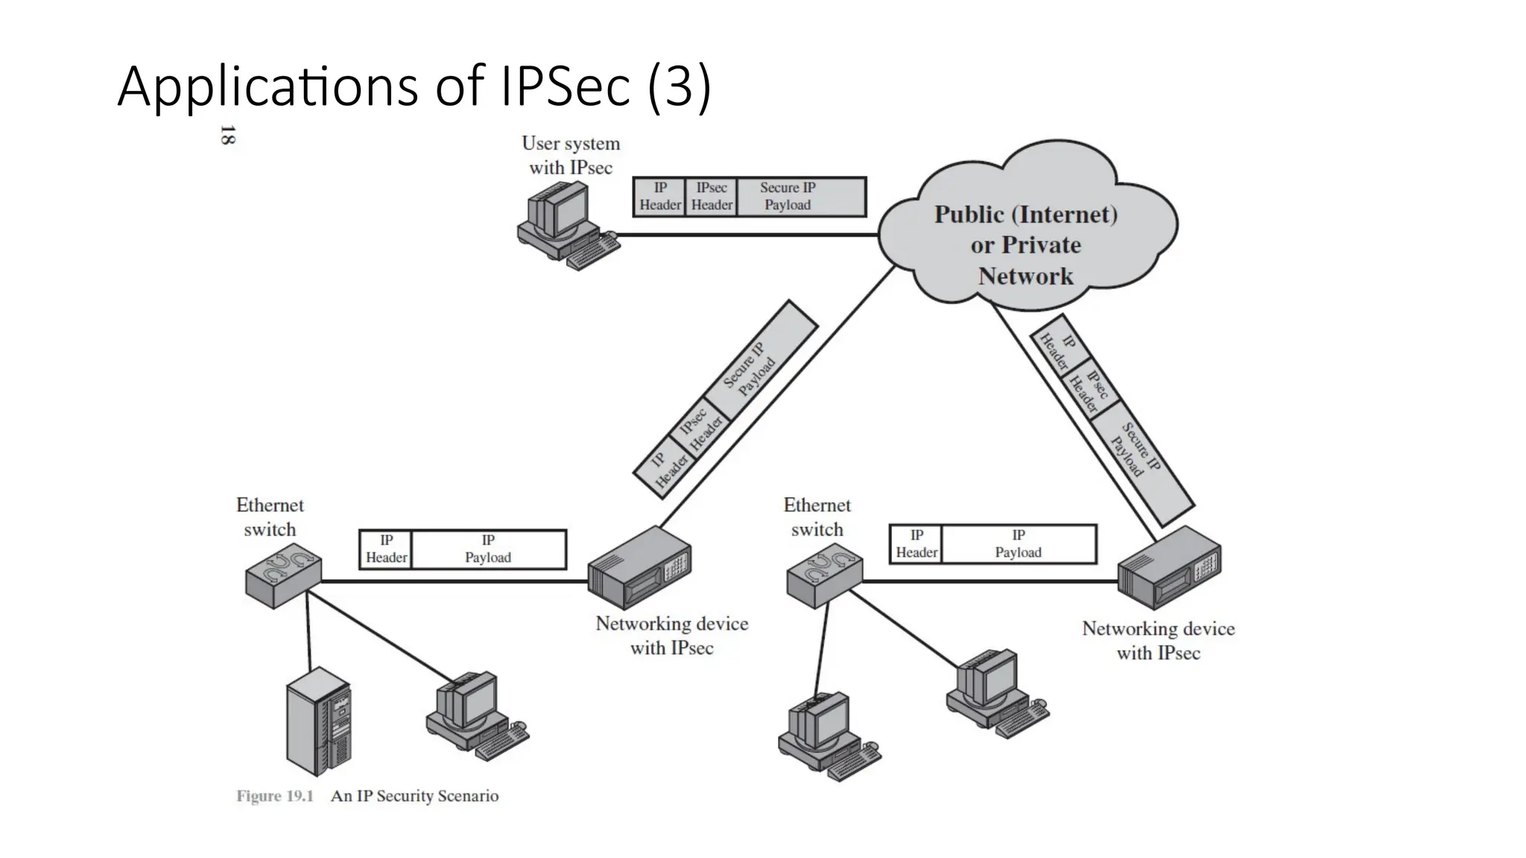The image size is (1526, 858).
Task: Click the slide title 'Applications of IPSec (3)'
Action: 414,87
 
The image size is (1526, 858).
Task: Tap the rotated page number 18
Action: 228,136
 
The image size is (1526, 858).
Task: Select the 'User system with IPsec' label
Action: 571,155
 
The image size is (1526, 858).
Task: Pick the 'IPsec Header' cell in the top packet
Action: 712,197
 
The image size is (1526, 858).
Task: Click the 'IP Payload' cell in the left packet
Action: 488,549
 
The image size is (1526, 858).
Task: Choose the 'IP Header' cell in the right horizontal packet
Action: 916,544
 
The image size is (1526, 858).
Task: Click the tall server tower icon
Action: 318,720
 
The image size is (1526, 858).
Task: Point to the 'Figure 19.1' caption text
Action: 275,795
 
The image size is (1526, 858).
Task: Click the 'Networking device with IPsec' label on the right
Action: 1158,641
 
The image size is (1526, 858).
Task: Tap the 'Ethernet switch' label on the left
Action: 270,517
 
